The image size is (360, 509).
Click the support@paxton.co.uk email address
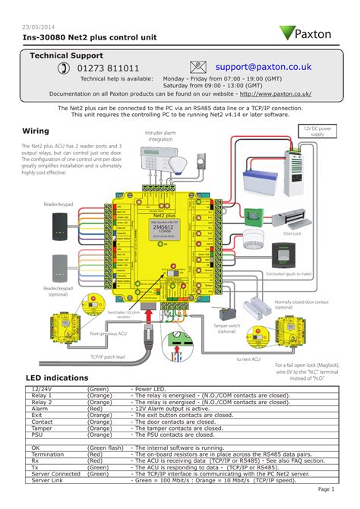[263, 67]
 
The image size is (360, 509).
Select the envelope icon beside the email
[198, 68]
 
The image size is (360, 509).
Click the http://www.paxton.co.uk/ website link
[276, 94]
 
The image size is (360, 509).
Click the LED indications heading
[57, 378]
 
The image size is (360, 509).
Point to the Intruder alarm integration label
[160, 136]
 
